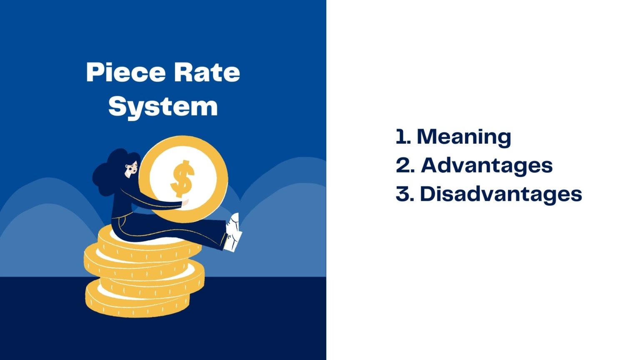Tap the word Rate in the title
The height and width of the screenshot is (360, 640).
click(207, 72)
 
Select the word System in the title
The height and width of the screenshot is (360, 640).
click(163, 106)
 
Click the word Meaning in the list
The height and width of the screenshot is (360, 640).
click(464, 137)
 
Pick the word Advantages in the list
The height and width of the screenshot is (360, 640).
click(486, 165)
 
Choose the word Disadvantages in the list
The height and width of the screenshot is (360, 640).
click(500, 194)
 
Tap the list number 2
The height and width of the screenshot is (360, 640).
click(403, 165)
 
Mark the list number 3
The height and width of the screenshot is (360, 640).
click(403, 194)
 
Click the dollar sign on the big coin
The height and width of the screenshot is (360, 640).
click(182, 179)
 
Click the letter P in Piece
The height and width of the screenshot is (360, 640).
click(94, 72)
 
